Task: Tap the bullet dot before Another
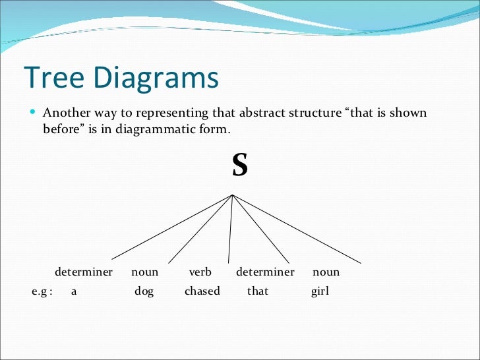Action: coord(32,112)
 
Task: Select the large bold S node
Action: coord(239,165)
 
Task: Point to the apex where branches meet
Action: coord(233,195)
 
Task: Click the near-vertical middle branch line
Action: coord(230,227)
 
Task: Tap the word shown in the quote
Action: coord(409,113)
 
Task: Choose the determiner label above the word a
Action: coord(83,272)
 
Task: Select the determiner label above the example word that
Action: coord(264,272)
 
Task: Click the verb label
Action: coord(200,272)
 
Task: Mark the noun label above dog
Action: coord(144,272)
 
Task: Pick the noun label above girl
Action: coord(326,272)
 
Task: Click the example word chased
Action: coord(202,291)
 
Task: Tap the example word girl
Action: coord(320,291)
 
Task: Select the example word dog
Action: coord(144,291)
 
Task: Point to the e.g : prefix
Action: coord(42,291)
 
